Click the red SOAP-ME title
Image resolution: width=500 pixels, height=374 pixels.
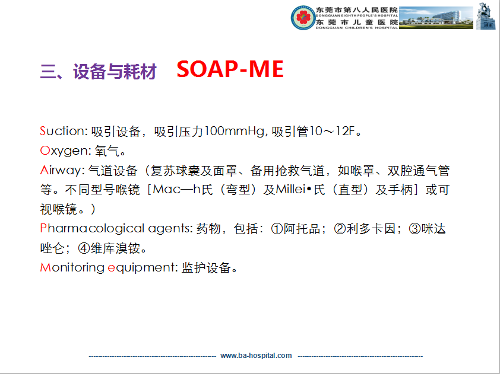[230, 69]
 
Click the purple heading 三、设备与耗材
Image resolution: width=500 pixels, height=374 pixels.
[98, 71]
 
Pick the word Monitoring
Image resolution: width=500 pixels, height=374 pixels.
[72, 267]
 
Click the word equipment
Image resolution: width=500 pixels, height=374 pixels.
[141, 267]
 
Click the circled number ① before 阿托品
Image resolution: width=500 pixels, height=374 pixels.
[277, 229]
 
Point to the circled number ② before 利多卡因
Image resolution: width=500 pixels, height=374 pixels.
[340, 229]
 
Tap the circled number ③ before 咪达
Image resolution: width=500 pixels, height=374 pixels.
[414, 229]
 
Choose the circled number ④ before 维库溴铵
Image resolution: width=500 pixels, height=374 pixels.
[84, 248]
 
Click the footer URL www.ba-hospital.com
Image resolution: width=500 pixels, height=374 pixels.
[256, 356]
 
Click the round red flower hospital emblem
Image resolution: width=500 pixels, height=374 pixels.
[303, 18]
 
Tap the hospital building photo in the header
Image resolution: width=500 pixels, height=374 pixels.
[436, 18]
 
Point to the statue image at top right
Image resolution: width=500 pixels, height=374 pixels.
[486, 16]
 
